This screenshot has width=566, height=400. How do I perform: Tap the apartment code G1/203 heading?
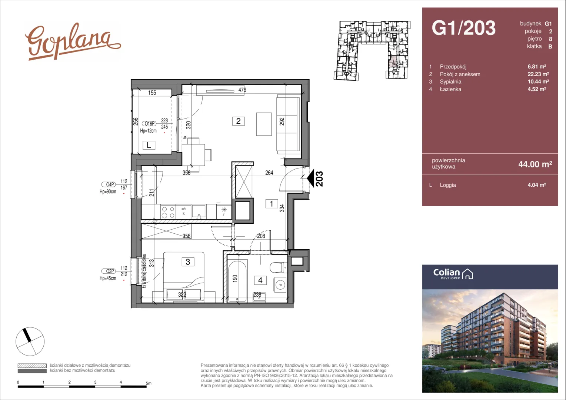click(464, 28)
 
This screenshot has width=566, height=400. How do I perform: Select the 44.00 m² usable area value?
click(535, 164)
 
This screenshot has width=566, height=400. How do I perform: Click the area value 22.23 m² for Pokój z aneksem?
click(538, 74)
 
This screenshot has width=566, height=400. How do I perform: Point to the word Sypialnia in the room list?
click(450, 81)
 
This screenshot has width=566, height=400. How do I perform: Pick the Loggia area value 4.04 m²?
click(537, 185)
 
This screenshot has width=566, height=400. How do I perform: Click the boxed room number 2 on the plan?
click(238, 121)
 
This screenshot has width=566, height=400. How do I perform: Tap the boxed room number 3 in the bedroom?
click(188, 262)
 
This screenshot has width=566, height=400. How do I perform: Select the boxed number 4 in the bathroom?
click(260, 280)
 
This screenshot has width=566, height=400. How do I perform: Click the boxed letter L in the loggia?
click(149, 145)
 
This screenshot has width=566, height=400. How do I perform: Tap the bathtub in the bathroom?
click(237, 281)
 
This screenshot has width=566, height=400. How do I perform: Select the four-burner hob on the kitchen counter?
click(168, 212)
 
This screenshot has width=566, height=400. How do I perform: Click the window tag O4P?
click(109, 184)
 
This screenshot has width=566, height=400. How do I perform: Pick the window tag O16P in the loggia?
click(149, 124)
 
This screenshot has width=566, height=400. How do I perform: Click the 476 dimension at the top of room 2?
click(242, 90)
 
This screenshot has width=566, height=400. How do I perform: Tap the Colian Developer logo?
click(453, 274)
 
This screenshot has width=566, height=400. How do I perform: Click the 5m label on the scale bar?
click(149, 383)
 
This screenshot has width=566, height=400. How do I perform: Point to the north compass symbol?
click(30, 341)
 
